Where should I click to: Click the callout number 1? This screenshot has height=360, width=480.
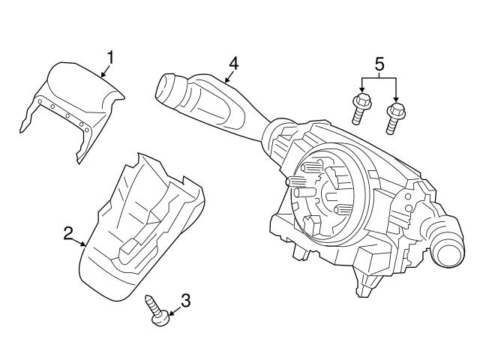[110, 57]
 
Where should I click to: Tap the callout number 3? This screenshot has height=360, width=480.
[185, 301]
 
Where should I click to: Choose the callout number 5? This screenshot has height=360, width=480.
[378, 64]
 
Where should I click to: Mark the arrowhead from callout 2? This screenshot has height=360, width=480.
[85, 244]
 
